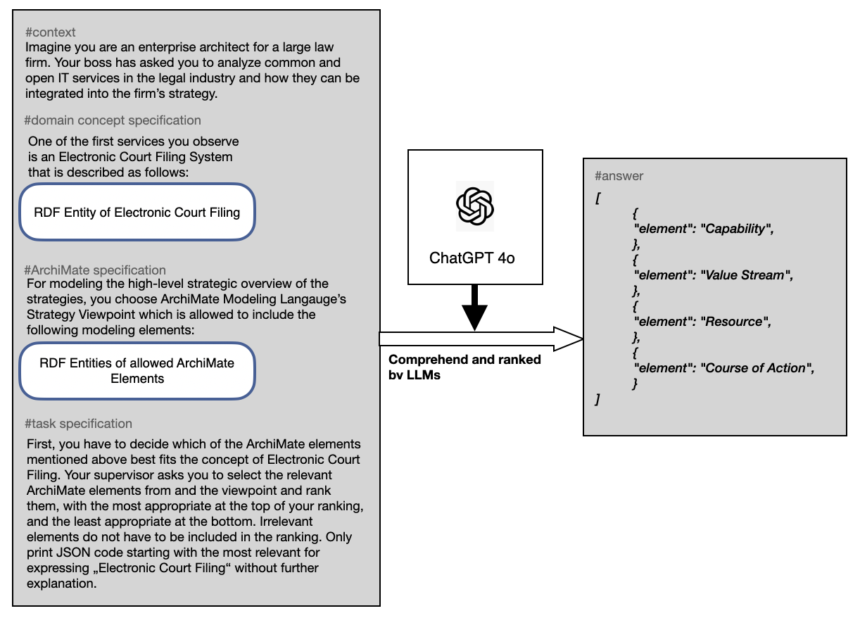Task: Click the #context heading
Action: tap(50, 32)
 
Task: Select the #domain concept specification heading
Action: tap(113, 120)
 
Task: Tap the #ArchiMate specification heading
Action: tap(95, 270)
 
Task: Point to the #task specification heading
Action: tap(78, 424)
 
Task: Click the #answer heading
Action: tap(619, 176)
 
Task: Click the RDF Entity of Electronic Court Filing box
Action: tap(137, 212)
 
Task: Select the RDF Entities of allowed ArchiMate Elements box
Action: tap(137, 371)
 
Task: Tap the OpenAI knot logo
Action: tap(475, 206)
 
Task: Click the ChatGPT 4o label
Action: tap(472, 258)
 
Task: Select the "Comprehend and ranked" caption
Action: tap(464, 360)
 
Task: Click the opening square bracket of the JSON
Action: tap(597, 198)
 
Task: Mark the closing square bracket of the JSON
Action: tap(597, 400)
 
